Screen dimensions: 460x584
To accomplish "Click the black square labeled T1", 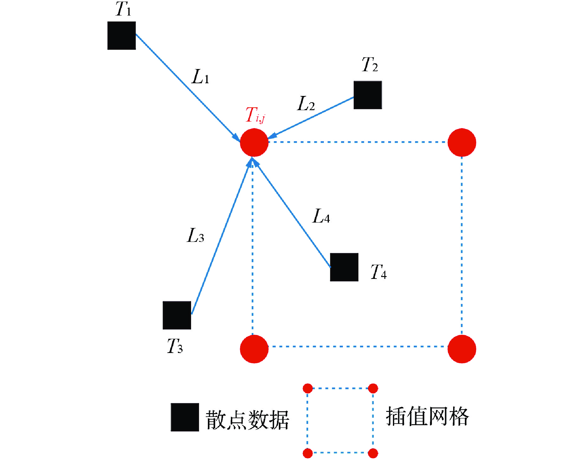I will (121, 35).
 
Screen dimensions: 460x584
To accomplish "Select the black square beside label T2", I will (368, 95).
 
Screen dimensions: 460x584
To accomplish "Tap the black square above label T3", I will (177, 315).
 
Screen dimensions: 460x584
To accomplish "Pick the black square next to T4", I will (344, 267).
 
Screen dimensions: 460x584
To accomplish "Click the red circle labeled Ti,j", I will (254, 142).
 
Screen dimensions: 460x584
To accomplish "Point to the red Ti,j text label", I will (255, 115).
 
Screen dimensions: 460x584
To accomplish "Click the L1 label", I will (200, 77).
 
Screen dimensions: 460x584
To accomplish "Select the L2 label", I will (306, 104).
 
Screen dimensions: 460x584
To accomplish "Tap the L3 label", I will (196, 236).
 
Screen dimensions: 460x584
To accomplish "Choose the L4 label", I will (321, 217).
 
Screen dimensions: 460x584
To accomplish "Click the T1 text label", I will (123, 9).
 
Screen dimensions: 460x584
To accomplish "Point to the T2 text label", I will (370, 65).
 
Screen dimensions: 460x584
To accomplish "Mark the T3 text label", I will (175, 346).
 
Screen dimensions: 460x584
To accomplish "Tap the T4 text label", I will (379, 272).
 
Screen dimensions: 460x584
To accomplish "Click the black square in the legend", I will (185, 417).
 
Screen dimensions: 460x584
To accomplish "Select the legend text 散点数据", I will (247, 420).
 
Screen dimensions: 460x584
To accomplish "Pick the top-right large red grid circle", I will (462, 142).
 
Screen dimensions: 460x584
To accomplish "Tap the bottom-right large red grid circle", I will (462, 349).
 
